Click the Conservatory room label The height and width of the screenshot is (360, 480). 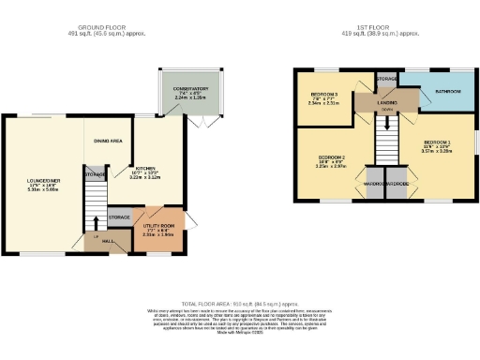[192, 91]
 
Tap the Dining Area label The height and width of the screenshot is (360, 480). [107, 141]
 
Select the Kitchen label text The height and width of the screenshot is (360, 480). [145, 169]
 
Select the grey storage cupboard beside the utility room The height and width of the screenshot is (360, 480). [120, 217]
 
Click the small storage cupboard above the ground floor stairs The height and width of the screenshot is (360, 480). [94, 173]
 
